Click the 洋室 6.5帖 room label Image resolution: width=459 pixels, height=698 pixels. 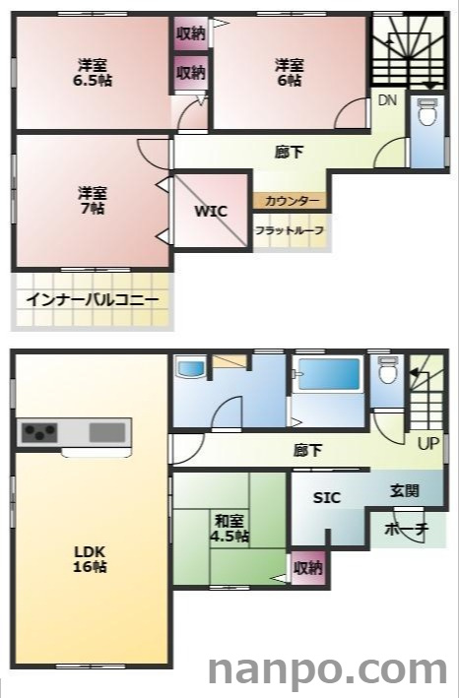pyautogui.click(x=94, y=73)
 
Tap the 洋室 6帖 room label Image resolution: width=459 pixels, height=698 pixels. pyautogui.click(x=289, y=73)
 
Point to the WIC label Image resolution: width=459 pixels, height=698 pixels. pyautogui.click(x=211, y=212)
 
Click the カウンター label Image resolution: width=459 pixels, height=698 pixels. pyautogui.click(x=292, y=201)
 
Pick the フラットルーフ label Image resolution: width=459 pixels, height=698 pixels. pyautogui.click(x=290, y=229)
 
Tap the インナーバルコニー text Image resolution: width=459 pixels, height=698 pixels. pyautogui.click(x=93, y=300)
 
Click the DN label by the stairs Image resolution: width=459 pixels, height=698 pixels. pyautogui.click(x=388, y=100)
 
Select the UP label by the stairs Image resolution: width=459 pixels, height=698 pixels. pyautogui.click(x=427, y=443)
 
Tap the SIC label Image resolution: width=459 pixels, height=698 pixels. pyautogui.click(x=326, y=498)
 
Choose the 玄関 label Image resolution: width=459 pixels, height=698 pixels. pyautogui.click(x=404, y=490)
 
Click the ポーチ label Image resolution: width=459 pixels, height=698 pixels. pyautogui.click(x=407, y=529)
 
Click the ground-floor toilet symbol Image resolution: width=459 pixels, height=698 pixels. pyautogui.click(x=388, y=371)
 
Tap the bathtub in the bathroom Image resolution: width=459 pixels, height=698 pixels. pyautogui.click(x=330, y=375)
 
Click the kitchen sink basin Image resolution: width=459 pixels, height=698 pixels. pyautogui.click(x=107, y=432)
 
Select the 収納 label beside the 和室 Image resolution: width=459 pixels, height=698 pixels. pyautogui.click(x=308, y=567)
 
